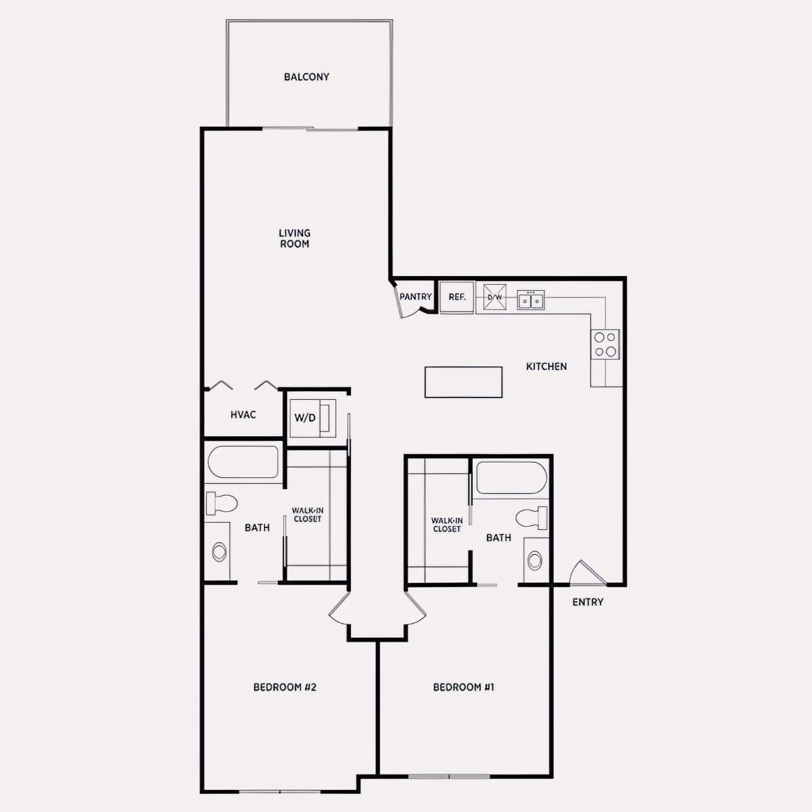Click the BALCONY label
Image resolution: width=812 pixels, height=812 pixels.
tap(307, 77)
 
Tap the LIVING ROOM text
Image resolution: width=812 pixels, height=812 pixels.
tap(294, 238)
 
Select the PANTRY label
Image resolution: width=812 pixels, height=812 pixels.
tap(415, 296)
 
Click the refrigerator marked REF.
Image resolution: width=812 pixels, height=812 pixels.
tap(457, 298)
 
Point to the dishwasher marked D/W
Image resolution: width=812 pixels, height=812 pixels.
tap(494, 297)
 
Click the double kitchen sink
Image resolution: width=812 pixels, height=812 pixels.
tap(531, 300)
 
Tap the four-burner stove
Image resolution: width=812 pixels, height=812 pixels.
tap(605, 344)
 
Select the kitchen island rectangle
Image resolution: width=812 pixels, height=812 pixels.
tap(464, 382)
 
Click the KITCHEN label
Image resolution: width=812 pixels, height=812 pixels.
tap(546, 367)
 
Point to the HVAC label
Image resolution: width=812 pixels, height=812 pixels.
tap(243, 415)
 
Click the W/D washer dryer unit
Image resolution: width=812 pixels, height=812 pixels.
tap(313, 418)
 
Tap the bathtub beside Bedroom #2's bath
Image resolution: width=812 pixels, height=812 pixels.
tap(243, 462)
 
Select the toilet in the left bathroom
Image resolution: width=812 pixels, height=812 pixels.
tap(222, 503)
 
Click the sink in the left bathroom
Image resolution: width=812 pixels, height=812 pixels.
tap(219, 551)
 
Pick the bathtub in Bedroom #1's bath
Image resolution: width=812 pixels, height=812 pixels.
tap(512, 478)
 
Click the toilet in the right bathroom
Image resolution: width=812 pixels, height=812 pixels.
tap(531, 518)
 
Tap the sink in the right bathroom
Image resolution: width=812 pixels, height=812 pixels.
tap(535, 560)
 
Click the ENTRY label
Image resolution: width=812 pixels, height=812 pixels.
tap(588, 602)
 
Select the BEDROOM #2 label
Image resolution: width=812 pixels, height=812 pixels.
tap(285, 687)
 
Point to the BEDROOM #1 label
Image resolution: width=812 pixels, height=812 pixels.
tap(464, 687)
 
